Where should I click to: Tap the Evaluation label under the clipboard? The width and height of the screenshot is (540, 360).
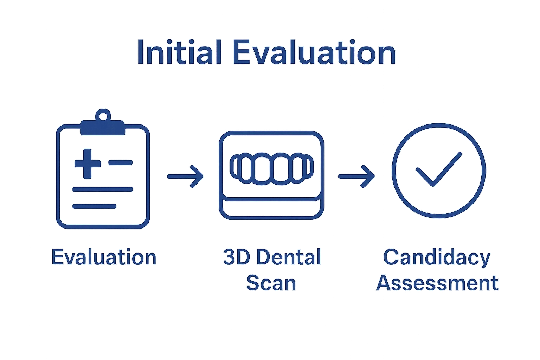pyautogui.click(x=104, y=257)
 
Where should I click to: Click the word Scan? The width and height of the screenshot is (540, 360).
pyautogui.click(x=271, y=283)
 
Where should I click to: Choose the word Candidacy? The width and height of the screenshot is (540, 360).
pyautogui.click(x=437, y=257)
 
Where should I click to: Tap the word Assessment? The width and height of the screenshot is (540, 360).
pyautogui.click(x=437, y=283)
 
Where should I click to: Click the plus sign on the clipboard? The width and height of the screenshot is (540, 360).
pyautogui.click(x=87, y=163)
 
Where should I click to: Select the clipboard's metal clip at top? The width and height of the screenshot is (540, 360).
pyautogui.click(x=103, y=128)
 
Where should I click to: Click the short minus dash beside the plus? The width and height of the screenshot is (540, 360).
pyautogui.click(x=120, y=163)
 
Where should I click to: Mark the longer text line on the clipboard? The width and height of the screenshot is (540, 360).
pyautogui.click(x=102, y=189)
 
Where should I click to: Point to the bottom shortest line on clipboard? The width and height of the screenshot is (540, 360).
pyautogui.click(x=94, y=206)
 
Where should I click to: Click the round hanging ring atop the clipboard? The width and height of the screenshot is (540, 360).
pyautogui.click(x=103, y=115)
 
